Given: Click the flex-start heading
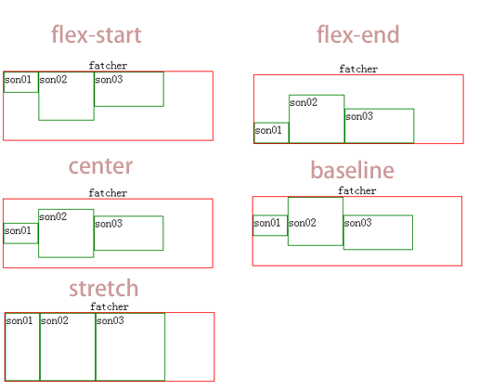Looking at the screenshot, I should point(96,36).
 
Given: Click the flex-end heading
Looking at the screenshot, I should point(357,35).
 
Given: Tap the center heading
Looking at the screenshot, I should point(100,167).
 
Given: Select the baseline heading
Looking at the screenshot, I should point(352,171).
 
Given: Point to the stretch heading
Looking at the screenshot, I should point(103,289).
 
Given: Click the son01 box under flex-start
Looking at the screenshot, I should point(20,82).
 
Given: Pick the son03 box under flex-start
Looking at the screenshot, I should point(128,89).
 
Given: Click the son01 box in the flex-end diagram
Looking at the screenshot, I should point(271,133).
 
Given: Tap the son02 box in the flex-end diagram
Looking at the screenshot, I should point(316,119).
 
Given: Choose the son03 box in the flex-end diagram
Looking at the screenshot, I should point(379,125).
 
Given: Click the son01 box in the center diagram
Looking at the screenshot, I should point(20,233).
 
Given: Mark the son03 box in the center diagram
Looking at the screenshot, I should point(128,233).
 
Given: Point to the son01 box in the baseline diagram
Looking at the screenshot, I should point(269,225).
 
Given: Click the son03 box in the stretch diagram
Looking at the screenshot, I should point(130,346).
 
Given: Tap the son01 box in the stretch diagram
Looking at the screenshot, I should point(22,346).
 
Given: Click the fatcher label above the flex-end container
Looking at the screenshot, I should point(358,69).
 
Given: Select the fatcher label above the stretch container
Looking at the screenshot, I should point(110,306).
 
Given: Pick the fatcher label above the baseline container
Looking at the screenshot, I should point(357,190).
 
